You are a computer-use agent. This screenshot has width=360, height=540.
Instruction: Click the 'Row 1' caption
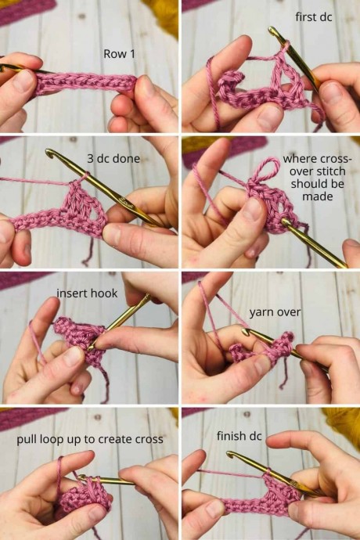click(x=119, y=54)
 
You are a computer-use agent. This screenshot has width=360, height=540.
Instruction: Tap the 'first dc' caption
click(x=314, y=17)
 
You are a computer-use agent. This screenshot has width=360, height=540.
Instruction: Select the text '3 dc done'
click(x=113, y=158)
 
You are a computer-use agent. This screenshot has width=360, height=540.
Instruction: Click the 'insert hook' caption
click(x=87, y=293)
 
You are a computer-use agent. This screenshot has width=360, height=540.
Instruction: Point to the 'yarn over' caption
click(x=275, y=312)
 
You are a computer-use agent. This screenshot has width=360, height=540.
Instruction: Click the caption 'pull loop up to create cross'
click(x=90, y=440)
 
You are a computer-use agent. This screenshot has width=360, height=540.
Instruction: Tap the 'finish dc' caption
click(x=239, y=436)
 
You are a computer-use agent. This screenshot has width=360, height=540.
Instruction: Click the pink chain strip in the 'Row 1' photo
click(x=86, y=83)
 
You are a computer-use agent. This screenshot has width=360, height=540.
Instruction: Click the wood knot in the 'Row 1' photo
click(x=82, y=16)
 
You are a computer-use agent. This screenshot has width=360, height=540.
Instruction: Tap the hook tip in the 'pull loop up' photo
click(x=81, y=477)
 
